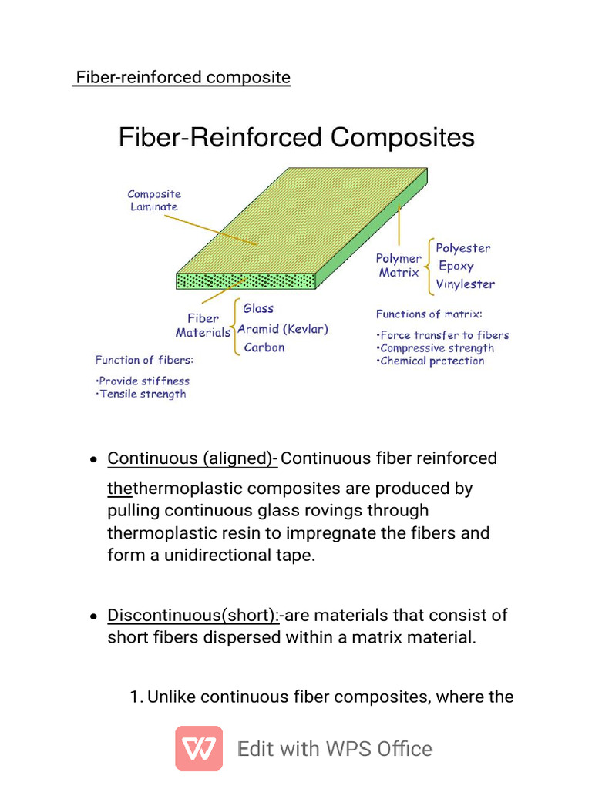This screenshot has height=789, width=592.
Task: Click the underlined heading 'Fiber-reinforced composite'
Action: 182,78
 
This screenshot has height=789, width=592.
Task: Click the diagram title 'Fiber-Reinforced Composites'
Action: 296,138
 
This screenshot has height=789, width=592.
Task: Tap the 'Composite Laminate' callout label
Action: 154,200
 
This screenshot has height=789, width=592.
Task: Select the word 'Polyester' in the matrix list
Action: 462,248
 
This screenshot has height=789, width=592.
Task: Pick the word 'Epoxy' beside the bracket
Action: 456,267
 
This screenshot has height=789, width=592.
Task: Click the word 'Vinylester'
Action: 466,284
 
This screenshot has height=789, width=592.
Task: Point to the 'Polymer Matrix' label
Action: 399,266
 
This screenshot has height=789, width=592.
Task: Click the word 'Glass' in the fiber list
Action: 258,308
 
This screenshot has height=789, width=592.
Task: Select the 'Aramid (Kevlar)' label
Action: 283,329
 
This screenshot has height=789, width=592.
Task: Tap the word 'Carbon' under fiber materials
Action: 264,347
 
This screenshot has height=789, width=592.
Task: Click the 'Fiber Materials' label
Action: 203,325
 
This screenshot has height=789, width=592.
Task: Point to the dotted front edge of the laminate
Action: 245,280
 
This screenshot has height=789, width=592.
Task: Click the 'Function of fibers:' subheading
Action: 144,360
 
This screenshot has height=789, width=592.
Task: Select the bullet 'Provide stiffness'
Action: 144,381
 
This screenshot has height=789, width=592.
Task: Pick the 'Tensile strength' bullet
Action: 143,394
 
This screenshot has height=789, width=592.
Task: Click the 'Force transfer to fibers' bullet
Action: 444,335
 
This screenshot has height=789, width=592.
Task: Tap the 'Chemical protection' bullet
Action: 432,361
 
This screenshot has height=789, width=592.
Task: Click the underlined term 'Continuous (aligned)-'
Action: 192,458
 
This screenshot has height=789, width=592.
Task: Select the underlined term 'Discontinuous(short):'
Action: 193,616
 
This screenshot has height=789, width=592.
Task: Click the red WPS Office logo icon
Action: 199,748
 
